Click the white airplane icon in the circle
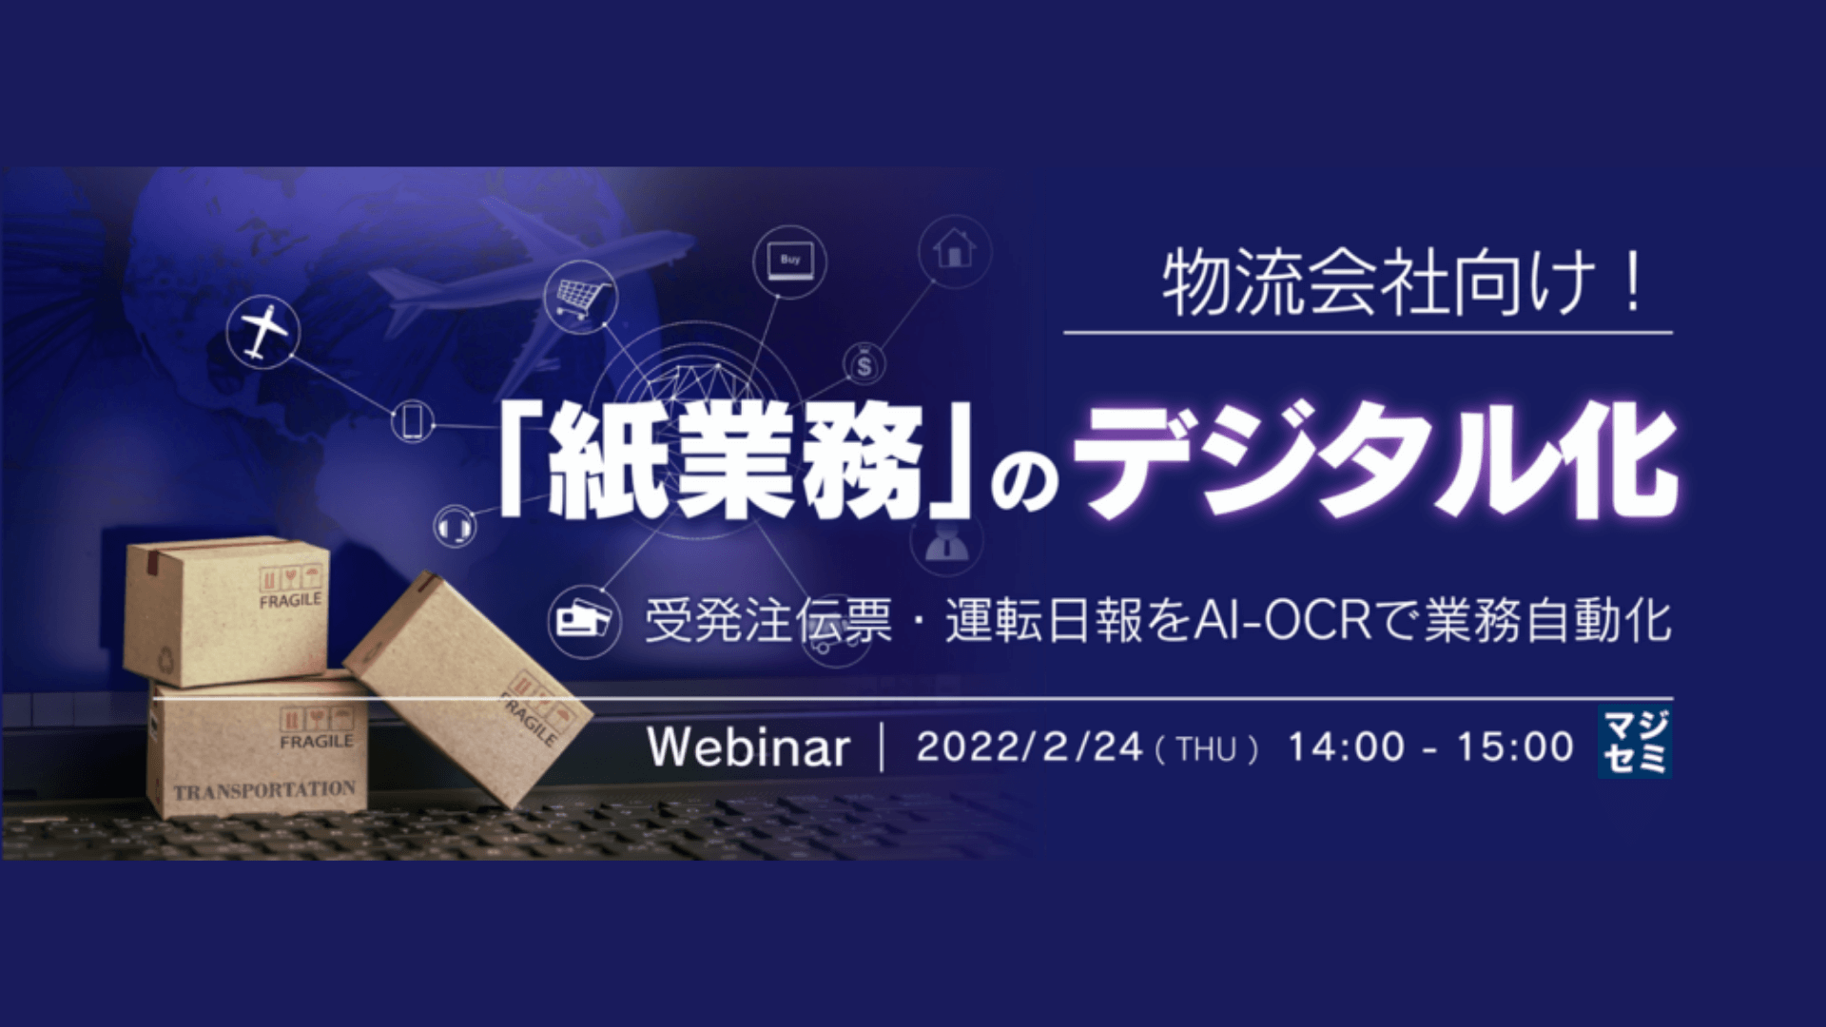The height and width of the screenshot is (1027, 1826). point(263,332)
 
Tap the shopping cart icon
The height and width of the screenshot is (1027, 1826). point(580,296)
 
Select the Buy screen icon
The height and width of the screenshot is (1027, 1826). point(789,262)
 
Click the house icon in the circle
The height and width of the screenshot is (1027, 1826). point(954,250)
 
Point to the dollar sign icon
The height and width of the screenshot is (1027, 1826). point(864,364)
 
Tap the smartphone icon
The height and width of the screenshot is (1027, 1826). point(413,420)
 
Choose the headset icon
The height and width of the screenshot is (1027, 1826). point(456,525)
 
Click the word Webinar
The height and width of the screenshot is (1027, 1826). point(748,747)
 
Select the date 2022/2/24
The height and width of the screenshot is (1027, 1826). point(1029,747)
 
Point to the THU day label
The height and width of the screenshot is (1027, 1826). point(1206,750)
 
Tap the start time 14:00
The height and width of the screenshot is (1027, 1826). point(1346,747)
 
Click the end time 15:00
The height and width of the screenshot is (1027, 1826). point(1515,747)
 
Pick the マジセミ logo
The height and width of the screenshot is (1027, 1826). point(1635,744)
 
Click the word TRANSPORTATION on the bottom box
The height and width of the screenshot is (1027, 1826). point(264,790)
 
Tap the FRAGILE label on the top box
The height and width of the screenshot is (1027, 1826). point(290,601)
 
